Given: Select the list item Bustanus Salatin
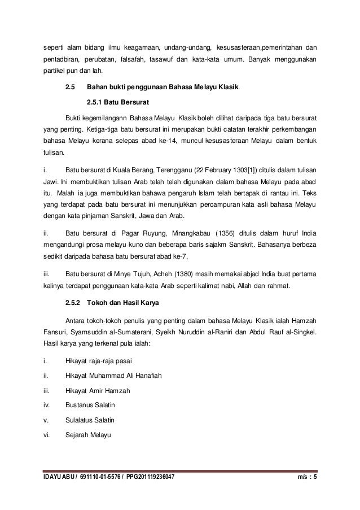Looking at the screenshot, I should [90, 405].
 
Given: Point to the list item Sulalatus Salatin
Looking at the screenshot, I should [91, 420].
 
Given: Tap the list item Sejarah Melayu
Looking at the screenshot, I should [89, 435].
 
